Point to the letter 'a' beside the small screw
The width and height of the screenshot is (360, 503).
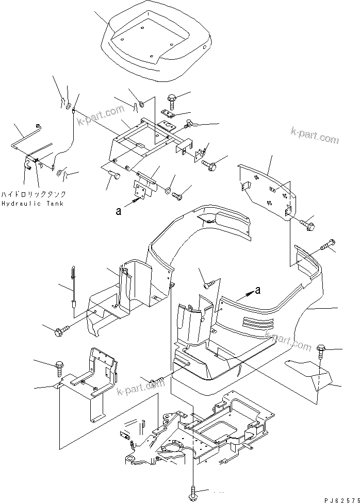click(x=119, y=210)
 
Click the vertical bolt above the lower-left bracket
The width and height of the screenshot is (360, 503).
click(x=58, y=368)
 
